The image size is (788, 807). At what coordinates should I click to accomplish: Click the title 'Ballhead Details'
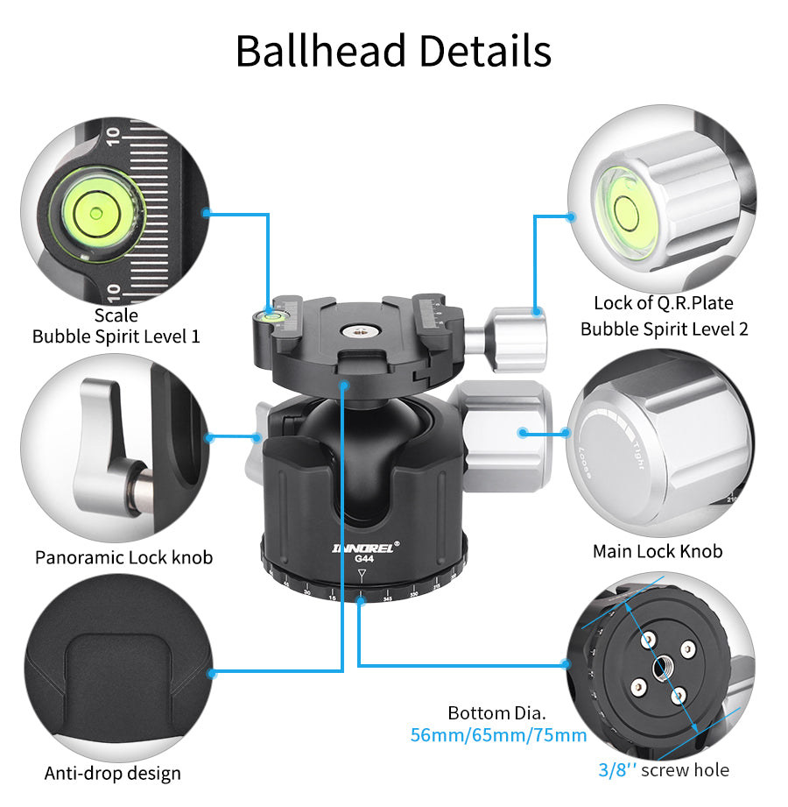393,51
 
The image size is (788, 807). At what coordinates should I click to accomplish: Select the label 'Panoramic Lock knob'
123,557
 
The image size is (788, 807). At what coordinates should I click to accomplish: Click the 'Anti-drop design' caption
112,773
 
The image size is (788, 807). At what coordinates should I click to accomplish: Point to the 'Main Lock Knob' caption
658,551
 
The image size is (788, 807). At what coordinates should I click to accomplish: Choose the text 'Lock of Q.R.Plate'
663,303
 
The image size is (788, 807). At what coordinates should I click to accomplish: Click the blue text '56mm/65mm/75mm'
498,734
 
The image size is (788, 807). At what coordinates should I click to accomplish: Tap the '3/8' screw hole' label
664,770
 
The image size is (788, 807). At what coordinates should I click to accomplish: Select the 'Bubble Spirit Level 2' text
664,329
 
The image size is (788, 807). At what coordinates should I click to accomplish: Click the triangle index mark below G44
362,575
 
